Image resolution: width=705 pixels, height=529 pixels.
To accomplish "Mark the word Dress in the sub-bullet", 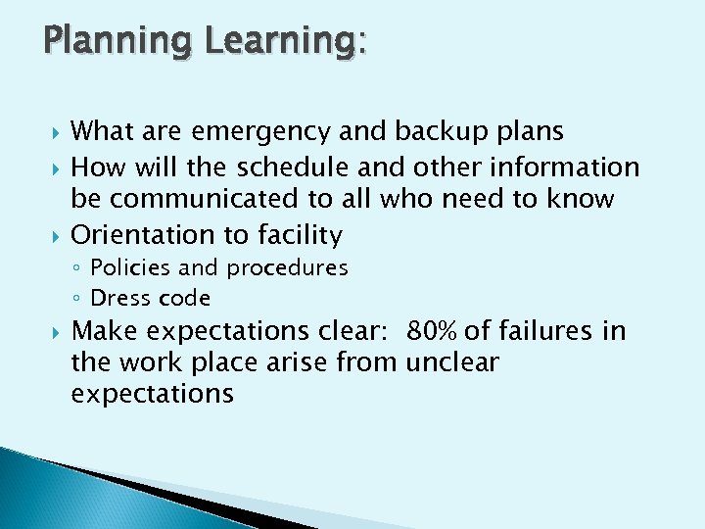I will point(117,298).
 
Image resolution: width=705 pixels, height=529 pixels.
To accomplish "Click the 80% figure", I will point(431,331).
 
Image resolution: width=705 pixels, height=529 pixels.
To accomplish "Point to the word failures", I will point(545,331).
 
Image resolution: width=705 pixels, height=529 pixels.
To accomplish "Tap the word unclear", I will point(451,363).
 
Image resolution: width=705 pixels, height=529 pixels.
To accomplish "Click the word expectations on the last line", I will point(153,395).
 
